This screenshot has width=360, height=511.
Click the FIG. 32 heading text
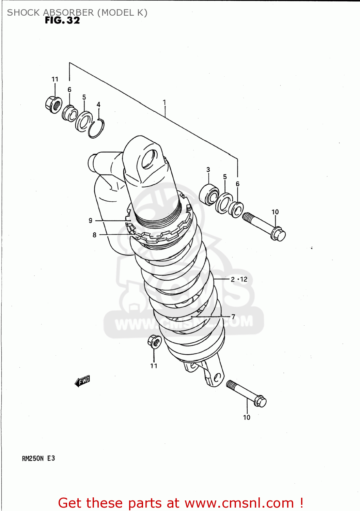pos(62,20)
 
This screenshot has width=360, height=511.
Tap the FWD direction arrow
pos(82,381)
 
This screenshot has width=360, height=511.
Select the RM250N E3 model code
pos(38,459)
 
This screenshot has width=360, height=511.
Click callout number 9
pos(90,220)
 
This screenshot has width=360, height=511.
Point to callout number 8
pos(94,235)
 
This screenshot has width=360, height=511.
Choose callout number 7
pos(233,316)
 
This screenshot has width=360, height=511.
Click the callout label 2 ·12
pos(239,279)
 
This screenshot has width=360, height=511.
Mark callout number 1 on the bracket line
pos(165,102)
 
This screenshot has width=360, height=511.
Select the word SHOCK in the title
pos(23,13)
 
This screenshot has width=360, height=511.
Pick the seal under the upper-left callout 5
pos(84,121)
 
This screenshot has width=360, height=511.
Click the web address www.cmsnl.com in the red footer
pos(239,503)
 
